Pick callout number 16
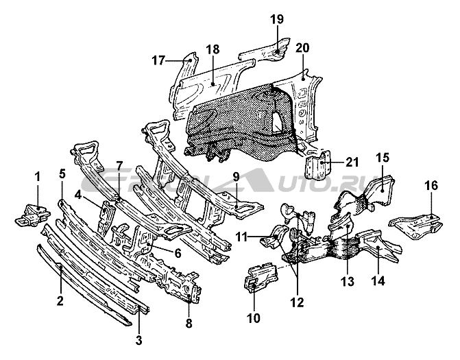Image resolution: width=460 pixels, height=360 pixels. click(x=431, y=186)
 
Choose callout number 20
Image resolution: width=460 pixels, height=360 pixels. click(x=302, y=48)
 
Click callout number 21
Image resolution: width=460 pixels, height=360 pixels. click(x=352, y=162)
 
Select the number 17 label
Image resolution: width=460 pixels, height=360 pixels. click(x=158, y=60)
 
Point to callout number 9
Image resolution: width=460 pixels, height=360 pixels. click(x=236, y=176)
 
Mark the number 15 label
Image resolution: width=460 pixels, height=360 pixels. click(x=382, y=158)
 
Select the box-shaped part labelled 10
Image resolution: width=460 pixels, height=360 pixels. click(x=259, y=276)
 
